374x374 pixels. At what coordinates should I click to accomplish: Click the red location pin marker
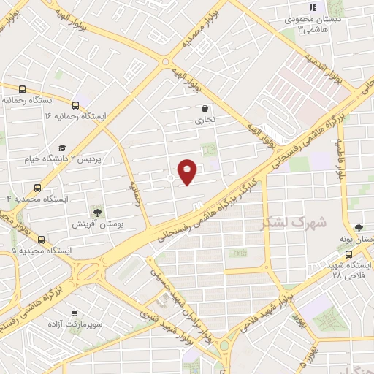[188, 172]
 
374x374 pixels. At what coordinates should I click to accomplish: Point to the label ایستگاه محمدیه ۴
[37, 199]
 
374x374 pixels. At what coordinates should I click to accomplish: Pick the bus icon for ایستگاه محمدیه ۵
[41, 239]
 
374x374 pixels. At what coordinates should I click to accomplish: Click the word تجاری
[205, 119]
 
